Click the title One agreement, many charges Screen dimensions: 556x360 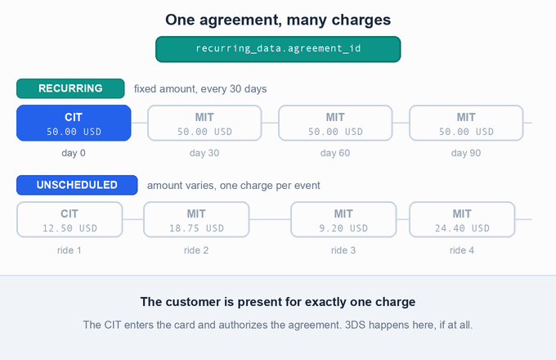(x=278, y=20)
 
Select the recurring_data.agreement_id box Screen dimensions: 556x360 (x=278, y=49)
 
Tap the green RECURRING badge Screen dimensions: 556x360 (x=70, y=88)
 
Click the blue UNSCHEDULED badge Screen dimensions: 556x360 (x=77, y=185)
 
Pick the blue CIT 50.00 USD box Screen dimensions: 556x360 (x=74, y=123)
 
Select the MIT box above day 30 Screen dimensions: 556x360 (x=204, y=123)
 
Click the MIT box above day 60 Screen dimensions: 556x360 (x=335, y=123)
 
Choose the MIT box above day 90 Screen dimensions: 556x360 (x=466, y=123)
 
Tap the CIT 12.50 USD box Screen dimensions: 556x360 (x=69, y=219)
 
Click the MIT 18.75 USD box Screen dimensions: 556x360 (x=196, y=219)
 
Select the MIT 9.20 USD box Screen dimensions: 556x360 (x=343, y=219)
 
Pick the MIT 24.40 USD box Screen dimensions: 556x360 (x=462, y=219)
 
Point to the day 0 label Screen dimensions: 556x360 (x=74, y=153)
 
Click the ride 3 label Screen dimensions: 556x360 (x=343, y=250)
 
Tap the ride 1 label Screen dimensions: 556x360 (x=69, y=250)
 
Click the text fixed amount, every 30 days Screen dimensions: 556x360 (x=200, y=88)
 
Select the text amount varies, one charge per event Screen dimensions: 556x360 (x=234, y=186)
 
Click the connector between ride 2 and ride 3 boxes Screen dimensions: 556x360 (x=270, y=219)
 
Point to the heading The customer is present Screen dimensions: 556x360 (x=278, y=302)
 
